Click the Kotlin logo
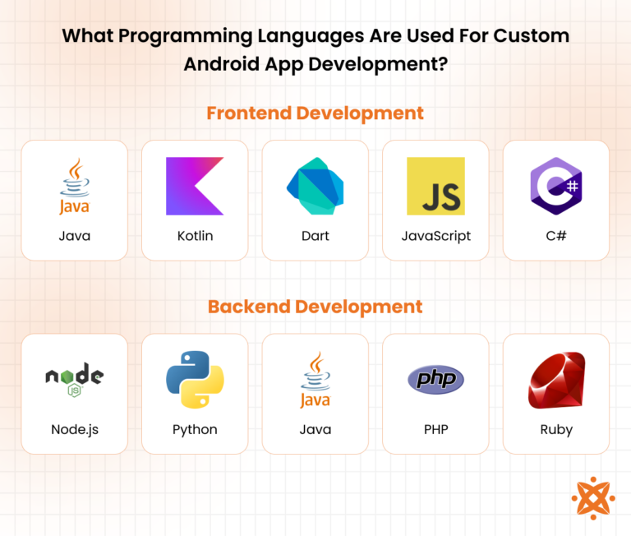[195, 187]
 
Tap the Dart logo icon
[315, 187]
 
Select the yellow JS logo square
[435, 187]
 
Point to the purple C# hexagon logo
[556, 186]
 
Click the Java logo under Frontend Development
[74, 187]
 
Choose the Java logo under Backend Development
[315, 380]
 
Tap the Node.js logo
[74, 379]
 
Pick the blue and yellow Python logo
[195, 380]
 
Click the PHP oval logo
[435, 379]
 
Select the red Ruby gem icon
[556, 381]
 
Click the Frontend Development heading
[315, 113]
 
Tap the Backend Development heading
[315, 307]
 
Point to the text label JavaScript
[435, 236]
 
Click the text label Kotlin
[195, 236]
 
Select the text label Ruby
[556, 429]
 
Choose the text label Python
[195, 429]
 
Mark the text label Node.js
[74, 429]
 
